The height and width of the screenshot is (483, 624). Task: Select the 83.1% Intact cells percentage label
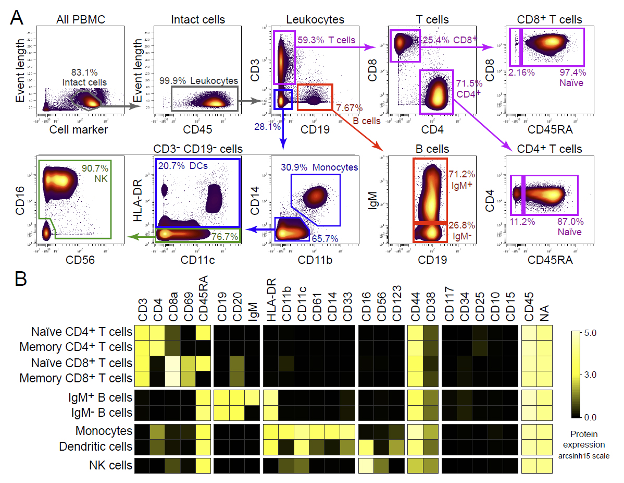[84, 77]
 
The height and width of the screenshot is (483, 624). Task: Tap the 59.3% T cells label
[326, 40]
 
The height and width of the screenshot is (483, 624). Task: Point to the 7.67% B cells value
[348, 107]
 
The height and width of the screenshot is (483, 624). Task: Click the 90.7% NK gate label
[95, 174]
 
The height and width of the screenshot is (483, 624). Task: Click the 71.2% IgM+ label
[463, 178]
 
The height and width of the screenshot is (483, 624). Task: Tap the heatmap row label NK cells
[110, 464]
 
